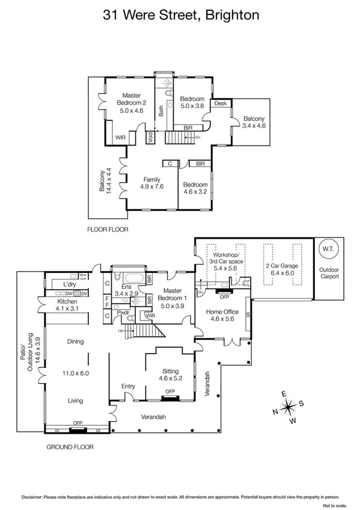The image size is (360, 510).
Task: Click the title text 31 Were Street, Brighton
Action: pos(180,14)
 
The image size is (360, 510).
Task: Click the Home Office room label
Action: pos(222,316)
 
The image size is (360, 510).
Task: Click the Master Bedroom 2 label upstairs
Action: pos(131,103)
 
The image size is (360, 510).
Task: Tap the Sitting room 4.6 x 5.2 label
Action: pos(172,375)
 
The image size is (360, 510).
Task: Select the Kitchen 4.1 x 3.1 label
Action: pos(67,305)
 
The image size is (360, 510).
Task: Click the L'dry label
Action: pos(62,284)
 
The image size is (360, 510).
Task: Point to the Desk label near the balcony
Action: pos(220,103)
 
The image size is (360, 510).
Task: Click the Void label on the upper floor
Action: pos(150,138)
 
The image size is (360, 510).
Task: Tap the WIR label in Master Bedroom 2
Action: pos(121,138)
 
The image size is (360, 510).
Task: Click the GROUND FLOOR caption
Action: pos(70,447)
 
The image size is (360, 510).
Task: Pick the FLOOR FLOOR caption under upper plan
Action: pos(108,229)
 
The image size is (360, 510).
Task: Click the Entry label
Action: pos(127,386)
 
